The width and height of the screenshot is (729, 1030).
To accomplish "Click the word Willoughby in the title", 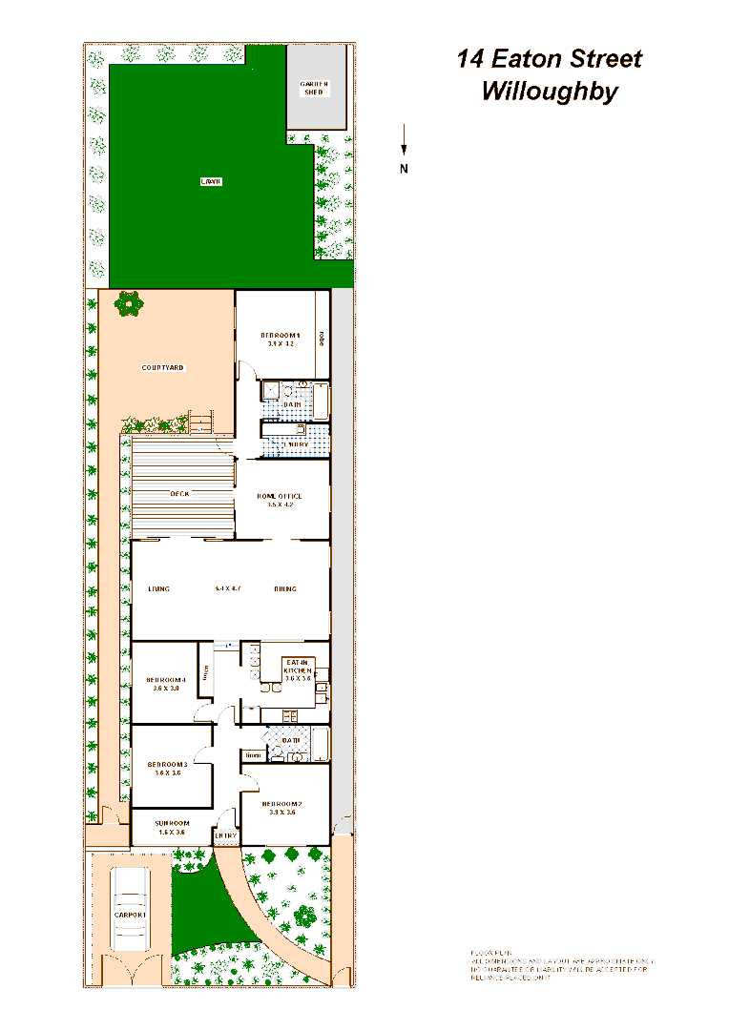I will [550, 93].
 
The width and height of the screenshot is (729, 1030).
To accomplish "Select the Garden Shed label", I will [315, 88].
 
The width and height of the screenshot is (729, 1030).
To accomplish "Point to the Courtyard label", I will [162, 367].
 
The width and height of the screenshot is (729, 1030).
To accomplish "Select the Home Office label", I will [280, 497].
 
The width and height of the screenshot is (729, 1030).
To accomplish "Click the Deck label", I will [179, 493].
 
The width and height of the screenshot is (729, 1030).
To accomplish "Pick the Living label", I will [158, 588].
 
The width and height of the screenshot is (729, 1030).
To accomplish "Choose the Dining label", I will [284, 588].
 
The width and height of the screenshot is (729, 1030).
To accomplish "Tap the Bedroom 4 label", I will [166, 680].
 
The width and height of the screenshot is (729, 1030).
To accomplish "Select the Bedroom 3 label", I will [167, 765].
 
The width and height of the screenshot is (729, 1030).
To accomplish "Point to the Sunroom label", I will [173, 823].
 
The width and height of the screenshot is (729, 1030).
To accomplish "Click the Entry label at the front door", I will [225, 836].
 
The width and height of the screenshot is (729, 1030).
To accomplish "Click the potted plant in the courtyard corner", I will [128, 304].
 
